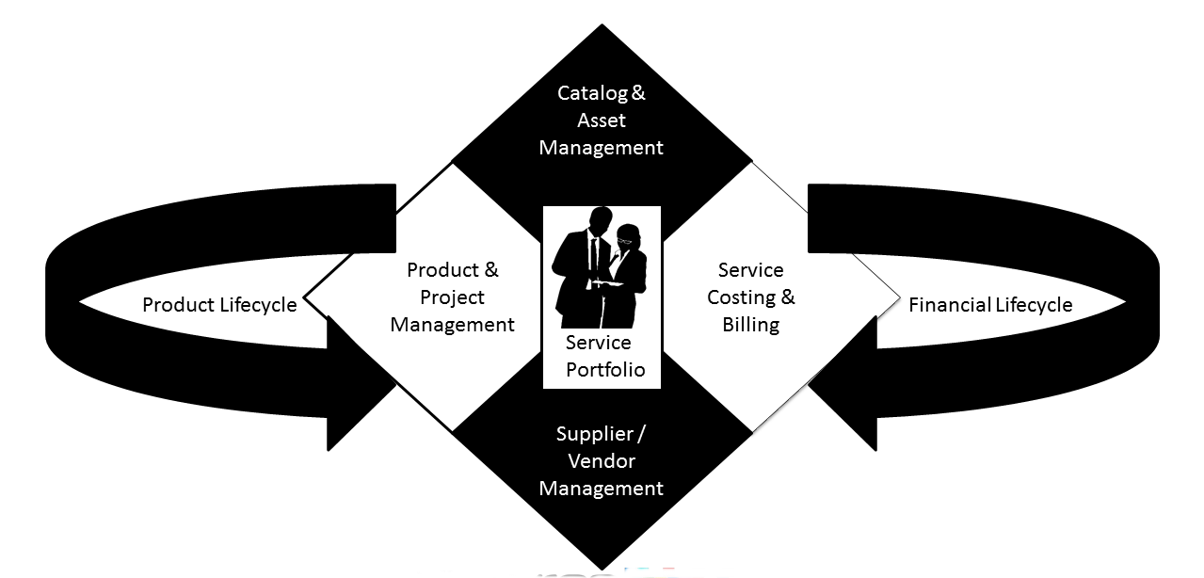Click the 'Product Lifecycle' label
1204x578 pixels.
pos(219,305)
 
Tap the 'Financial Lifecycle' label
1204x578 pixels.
pos(990,305)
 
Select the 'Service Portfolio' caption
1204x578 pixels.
pos(602,356)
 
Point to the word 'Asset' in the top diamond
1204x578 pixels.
pos(602,120)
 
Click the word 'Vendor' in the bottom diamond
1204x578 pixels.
pos(602,461)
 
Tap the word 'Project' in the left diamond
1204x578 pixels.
pos(452,297)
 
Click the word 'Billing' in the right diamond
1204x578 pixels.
pos(751,325)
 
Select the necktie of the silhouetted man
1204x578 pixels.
pos(594,259)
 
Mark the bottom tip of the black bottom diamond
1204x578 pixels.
pos(602,569)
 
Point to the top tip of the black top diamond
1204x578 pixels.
pos(602,25)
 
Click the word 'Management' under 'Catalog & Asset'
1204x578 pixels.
pos(602,148)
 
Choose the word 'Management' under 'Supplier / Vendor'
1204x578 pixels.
pos(602,489)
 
